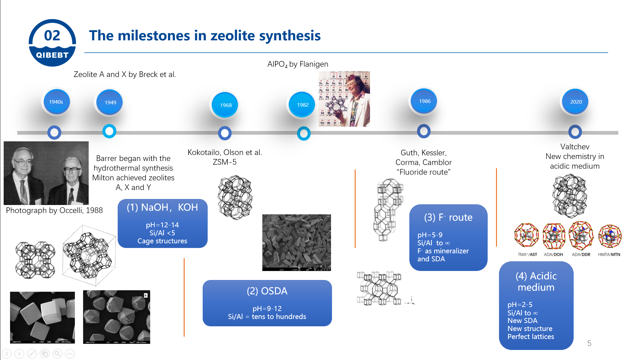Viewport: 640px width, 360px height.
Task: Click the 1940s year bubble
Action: tap(56, 102)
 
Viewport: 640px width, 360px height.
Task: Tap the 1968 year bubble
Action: tap(225, 105)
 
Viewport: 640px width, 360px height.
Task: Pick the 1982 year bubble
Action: tap(302, 105)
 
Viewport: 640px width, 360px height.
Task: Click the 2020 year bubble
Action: tap(575, 102)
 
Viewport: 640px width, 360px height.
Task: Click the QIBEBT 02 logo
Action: tap(52, 43)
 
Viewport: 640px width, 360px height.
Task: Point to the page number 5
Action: tap(589, 343)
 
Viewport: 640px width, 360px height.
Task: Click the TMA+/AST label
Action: tap(527, 254)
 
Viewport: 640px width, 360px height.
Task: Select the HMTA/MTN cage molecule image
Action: tap(610, 236)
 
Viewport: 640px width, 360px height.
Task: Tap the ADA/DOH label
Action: tap(553, 254)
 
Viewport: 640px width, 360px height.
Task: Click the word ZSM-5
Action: tap(225, 162)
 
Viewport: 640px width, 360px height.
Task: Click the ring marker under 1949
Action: tap(109, 131)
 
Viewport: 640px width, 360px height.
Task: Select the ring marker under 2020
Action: tap(575, 132)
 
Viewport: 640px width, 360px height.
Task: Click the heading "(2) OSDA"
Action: tap(267, 291)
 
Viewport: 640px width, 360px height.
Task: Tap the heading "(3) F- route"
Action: tap(448, 217)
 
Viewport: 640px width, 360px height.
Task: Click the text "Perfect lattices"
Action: tap(531, 337)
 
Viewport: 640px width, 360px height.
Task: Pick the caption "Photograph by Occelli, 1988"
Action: tap(54, 210)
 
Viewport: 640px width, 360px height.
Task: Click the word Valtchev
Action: tap(575, 147)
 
